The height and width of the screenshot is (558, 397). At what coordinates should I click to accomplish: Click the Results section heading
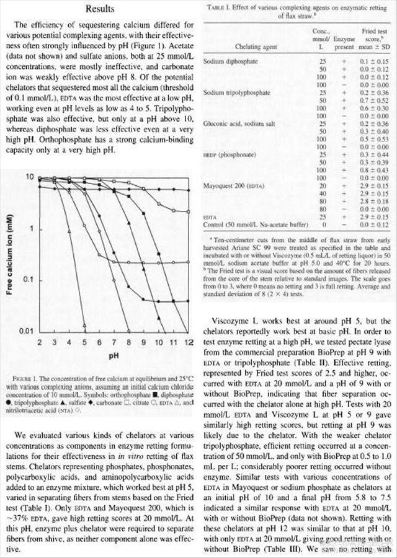coord(100,10)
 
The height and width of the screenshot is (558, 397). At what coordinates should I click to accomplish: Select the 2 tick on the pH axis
coord(38,343)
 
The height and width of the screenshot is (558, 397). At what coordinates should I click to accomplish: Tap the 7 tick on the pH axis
coord(114,343)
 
